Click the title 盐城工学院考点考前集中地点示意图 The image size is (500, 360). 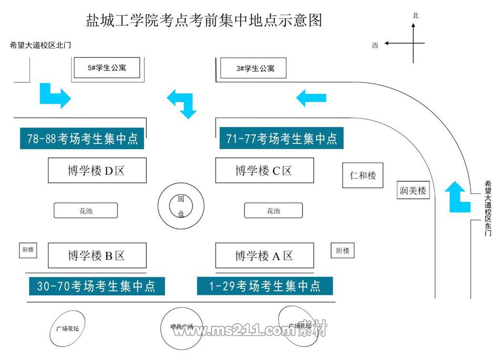(x=203, y=21)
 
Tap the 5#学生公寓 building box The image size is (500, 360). (x=107, y=68)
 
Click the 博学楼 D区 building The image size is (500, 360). (x=97, y=171)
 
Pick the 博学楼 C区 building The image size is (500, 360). (x=264, y=171)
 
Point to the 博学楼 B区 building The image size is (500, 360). (x=97, y=256)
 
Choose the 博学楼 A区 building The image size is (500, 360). (x=264, y=256)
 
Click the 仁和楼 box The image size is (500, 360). (x=363, y=175)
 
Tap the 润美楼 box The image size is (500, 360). (x=413, y=191)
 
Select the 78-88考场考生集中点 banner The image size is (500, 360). (x=82, y=138)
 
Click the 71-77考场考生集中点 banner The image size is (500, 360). (x=281, y=138)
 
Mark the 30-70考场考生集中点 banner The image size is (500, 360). (x=96, y=286)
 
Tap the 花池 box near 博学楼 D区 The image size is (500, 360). (x=86, y=211)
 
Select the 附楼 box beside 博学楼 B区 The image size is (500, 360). (x=27, y=250)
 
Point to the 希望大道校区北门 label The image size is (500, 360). (x=41, y=46)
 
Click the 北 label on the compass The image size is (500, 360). (x=415, y=16)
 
